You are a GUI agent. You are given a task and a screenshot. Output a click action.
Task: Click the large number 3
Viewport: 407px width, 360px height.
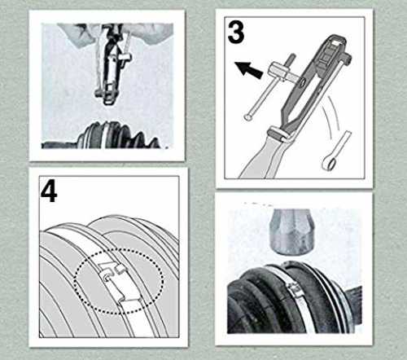[x=235, y=32]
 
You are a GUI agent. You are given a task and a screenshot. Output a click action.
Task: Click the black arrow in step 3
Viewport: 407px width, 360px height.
[x=249, y=69]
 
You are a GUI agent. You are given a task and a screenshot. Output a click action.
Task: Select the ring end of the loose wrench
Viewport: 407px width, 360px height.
[x=327, y=163]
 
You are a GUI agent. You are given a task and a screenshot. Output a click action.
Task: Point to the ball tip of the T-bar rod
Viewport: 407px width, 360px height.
[x=247, y=117]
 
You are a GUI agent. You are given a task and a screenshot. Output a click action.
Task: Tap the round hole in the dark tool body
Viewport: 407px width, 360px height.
[x=303, y=81]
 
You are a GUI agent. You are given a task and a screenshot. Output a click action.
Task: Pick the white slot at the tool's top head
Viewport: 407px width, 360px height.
[x=337, y=42]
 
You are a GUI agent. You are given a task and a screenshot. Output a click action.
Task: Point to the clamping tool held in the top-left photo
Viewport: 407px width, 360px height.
[x=112, y=65]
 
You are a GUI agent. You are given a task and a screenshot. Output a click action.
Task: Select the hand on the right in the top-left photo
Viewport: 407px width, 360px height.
[x=152, y=33]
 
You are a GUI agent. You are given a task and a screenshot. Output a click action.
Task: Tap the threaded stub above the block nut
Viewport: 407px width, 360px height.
[x=291, y=58]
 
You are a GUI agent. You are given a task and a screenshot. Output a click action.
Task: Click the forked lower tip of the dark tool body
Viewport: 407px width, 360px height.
[x=287, y=119]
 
